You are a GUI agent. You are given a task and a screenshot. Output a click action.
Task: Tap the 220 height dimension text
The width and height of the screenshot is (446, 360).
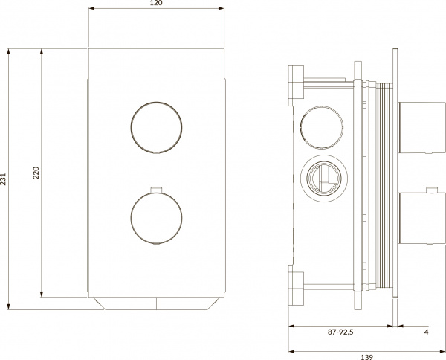tap(36, 173)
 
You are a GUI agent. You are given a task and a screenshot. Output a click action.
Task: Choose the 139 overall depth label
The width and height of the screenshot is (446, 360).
tap(366, 357)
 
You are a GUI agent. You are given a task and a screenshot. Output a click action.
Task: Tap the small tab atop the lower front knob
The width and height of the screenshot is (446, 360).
tap(155, 188)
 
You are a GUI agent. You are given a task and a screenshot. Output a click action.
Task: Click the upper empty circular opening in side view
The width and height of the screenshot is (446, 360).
tap(322, 122)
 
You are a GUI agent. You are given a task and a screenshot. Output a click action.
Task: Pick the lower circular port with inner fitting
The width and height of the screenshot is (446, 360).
tap(322, 176)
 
